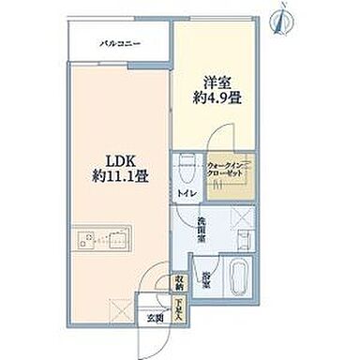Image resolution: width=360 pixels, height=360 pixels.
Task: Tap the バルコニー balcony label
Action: (x=120, y=43)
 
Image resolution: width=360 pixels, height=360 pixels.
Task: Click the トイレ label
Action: (x=184, y=194)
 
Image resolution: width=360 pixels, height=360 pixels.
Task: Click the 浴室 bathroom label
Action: (x=205, y=278)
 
